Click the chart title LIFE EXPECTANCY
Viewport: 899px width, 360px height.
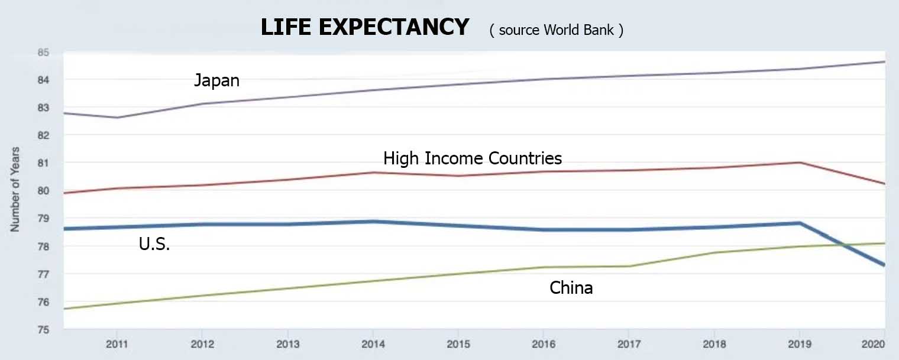click(x=365, y=27)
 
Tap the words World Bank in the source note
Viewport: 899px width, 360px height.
click(x=578, y=30)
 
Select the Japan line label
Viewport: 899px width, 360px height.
click(x=216, y=80)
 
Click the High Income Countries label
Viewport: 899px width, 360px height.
click(x=473, y=158)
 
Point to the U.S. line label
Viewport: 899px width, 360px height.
click(x=154, y=244)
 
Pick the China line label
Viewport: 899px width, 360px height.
click(x=571, y=288)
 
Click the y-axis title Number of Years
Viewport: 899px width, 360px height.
click(x=15, y=189)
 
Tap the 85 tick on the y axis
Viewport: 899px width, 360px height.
click(x=43, y=53)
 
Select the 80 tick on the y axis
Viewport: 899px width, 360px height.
click(x=43, y=190)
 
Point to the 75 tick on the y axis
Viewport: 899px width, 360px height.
click(x=43, y=329)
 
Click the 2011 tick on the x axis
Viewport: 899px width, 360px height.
click(x=117, y=344)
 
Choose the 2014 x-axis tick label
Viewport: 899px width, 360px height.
click(x=373, y=344)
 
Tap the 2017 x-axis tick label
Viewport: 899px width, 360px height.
click(x=629, y=344)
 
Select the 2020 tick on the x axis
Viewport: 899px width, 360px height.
click(x=874, y=344)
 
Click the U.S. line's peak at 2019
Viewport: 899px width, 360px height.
click(x=800, y=223)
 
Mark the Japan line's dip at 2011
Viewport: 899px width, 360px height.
click(x=117, y=118)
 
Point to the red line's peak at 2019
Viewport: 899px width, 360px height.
click(x=800, y=163)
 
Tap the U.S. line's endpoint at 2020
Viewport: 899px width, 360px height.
click(x=884, y=265)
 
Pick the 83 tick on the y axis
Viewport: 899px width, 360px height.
click(x=43, y=108)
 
